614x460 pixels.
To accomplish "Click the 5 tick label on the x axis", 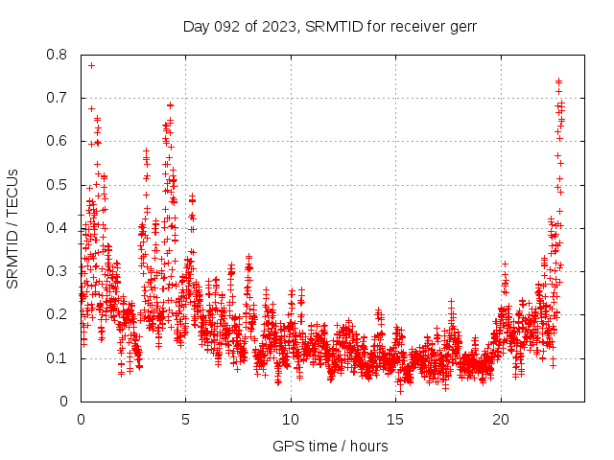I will tap(186, 420).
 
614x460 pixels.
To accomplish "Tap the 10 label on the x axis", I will tap(291, 420).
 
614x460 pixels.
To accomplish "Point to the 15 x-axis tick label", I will tap(395, 420).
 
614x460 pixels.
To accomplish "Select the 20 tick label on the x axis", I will tap(501, 420).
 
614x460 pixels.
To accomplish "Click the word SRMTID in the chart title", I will tap(330, 27).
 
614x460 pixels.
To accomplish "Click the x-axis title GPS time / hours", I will tap(330, 446).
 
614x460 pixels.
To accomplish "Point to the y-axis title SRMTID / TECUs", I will tap(13, 228).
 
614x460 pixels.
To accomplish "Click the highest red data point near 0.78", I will tap(91, 65).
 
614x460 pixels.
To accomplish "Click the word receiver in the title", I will tap(413, 27).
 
